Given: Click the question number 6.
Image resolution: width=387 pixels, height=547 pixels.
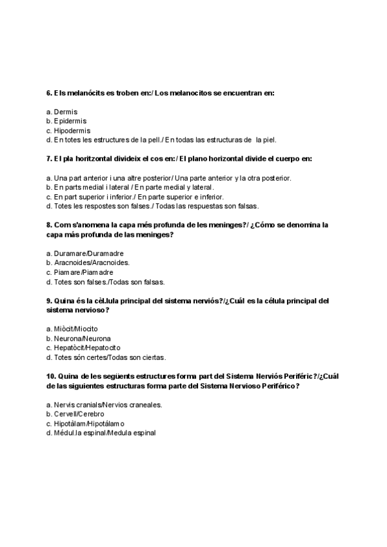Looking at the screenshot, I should tap(49, 94).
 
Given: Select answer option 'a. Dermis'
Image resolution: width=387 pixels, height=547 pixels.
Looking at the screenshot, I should tap(62, 112).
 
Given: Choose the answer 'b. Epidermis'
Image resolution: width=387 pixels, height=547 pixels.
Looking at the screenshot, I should tap(66, 121).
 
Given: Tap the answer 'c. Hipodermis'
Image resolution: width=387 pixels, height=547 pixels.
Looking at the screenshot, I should tap(68, 130).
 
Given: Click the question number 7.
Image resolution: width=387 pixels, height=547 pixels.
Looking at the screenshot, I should tap(49, 159).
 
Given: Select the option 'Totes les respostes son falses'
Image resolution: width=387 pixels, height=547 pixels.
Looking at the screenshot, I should tap(152, 206).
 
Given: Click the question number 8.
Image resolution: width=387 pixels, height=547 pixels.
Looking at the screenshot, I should tap(49, 224).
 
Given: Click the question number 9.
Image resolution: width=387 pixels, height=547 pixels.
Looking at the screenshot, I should tap(49, 301).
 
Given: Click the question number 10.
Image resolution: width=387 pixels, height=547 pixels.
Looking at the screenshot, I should tap(52, 376).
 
